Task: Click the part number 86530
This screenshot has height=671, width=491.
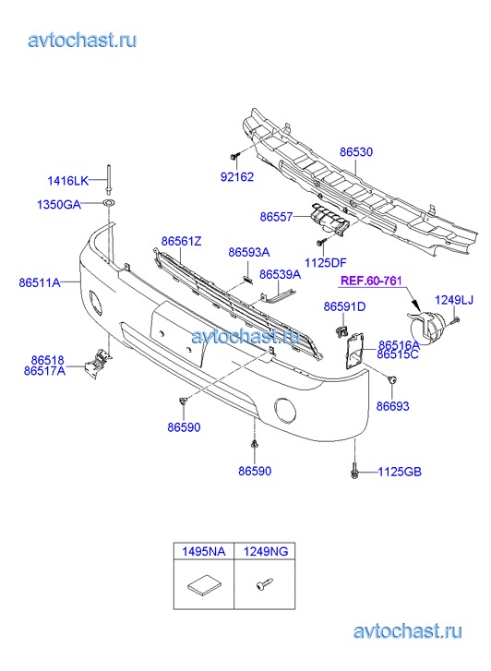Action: click(x=356, y=152)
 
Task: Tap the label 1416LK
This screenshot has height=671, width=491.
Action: click(x=67, y=181)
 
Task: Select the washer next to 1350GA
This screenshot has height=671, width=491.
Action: click(x=109, y=202)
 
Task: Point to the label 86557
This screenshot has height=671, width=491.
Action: click(x=276, y=217)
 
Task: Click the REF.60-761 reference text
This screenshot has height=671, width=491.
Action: click(x=371, y=281)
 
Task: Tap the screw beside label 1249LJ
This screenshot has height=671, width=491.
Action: click(x=456, y=319)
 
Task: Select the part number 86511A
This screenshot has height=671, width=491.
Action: click(x=40, y=282)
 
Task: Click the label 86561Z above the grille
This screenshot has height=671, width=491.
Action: click(x=181, y=241)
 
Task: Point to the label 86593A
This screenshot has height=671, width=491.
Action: click(x=248, y=252)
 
